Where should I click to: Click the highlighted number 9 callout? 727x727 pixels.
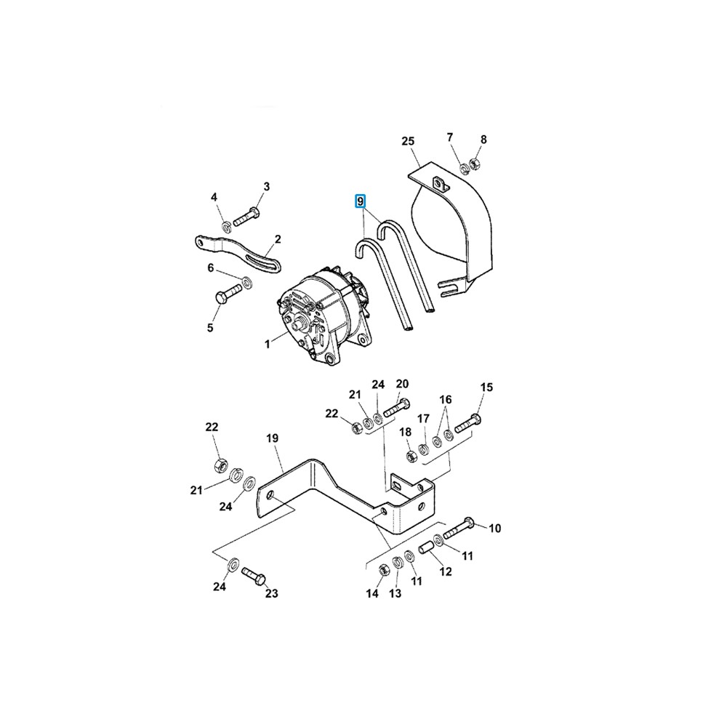coord(361,201)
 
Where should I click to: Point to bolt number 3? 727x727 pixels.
coord(246,217)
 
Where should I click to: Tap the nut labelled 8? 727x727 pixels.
coord(474,164)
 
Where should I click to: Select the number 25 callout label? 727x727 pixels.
coord(408,141)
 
